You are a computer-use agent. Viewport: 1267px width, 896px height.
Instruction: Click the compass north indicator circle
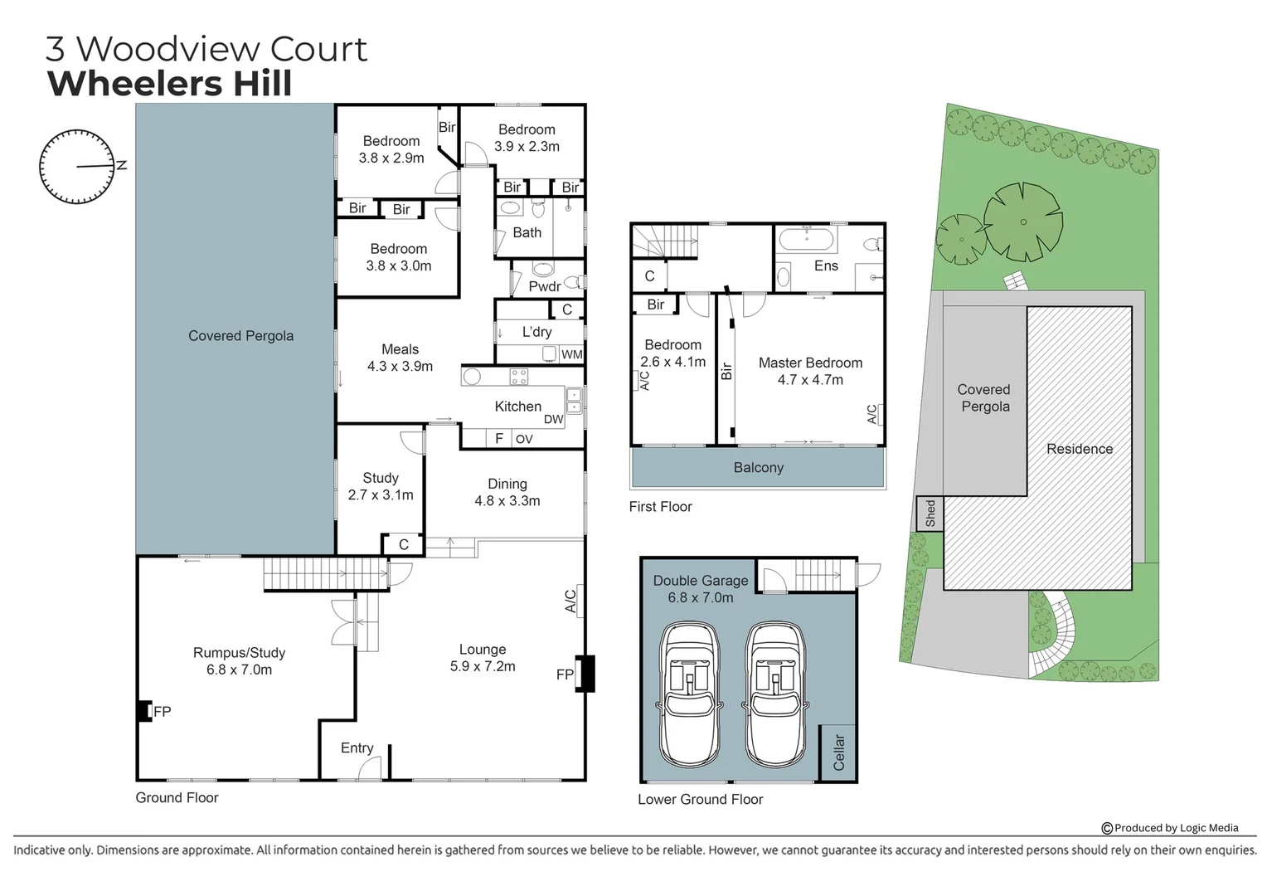pos(76,167)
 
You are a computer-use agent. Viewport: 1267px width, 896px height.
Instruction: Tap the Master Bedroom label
pos(810,371)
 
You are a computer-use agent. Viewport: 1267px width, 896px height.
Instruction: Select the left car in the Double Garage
pos(689,694)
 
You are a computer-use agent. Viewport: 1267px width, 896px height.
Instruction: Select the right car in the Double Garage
pos(775,694)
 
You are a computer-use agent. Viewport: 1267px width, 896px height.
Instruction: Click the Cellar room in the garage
pos(838,752)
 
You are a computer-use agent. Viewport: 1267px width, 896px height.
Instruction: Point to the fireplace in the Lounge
pos(586,674)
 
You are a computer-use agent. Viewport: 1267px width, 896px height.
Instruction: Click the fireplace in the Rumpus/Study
pos(145,711)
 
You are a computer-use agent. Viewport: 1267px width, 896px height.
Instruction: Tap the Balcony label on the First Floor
pos(758,468)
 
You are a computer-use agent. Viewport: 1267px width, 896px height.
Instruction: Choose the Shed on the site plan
pos(930,514)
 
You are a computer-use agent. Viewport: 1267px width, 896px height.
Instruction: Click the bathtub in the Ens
pos(807,241)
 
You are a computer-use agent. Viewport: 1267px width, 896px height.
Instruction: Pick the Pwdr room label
pos(544,286)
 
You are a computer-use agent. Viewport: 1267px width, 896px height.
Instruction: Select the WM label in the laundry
pos(571,354)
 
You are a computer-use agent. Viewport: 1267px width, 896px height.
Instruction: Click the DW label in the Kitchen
pos(553,420)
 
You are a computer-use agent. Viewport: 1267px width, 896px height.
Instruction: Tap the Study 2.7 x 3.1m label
pos(381,486)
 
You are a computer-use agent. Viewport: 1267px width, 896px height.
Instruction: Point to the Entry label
pos(357,748)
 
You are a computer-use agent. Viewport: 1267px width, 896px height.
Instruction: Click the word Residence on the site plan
pos(1079,449)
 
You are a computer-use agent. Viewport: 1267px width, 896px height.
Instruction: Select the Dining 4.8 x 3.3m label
pos(507,492)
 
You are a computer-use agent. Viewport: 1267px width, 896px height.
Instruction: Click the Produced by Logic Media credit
pos(1169,827)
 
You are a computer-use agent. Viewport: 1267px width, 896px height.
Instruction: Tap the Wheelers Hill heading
pos(170,84)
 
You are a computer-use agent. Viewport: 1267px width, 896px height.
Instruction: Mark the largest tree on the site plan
pos(1022,222)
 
